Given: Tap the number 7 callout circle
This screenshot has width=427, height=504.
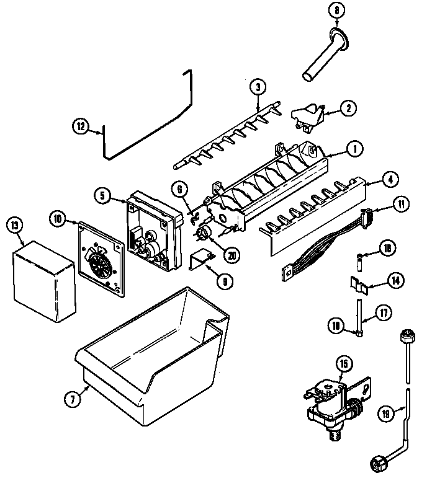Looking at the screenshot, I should pos(73,399).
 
